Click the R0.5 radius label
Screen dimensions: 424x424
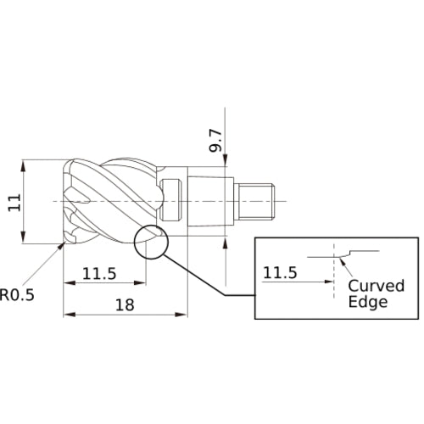pos(17,294)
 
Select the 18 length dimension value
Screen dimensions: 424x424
pos(125,305)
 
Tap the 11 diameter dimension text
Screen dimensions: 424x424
pos(14,203)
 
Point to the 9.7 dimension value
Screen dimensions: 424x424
pos(215,141)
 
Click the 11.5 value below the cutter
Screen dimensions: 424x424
pos(99,274)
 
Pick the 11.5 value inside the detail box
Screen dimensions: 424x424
pos(280,273)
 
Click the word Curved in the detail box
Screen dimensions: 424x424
pos(377,286)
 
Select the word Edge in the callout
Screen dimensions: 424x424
pos(368,302)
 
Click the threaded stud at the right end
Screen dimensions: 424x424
pos(256,201)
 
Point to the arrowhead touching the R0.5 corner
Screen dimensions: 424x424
pos(60,246)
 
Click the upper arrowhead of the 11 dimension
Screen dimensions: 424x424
pos(23,166)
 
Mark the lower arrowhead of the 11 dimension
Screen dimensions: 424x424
pos(23,237)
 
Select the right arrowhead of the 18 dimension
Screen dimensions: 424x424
pos(181,315)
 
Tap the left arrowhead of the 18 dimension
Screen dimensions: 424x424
pos(70,315)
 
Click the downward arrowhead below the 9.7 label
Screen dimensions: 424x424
pos(226,160)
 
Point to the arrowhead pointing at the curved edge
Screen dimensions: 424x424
pos(343,261)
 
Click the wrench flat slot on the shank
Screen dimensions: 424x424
pos(171,200)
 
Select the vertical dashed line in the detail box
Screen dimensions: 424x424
pos(334,271)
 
